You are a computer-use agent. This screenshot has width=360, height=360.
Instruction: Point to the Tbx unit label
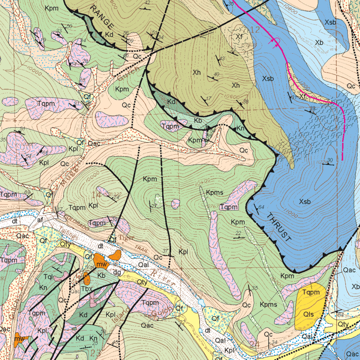click(x=87, y=289)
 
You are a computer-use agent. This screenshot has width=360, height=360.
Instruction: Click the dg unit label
click(x=117, y=273)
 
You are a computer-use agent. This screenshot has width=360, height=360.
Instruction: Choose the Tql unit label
click(x=48, y=277)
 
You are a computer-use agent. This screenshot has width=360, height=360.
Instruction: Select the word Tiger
click(x=126, y=238)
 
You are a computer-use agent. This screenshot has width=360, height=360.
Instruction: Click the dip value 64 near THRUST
click(x=261, y=207)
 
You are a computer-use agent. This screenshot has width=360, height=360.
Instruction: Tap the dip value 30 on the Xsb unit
click(x=330, y=160)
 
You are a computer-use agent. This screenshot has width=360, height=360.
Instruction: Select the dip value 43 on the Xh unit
click(x=222, y=58)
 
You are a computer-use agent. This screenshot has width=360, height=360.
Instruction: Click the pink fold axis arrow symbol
click(x=277, y=42)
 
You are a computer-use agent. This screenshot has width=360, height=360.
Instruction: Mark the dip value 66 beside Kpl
click(x=45, y=153)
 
